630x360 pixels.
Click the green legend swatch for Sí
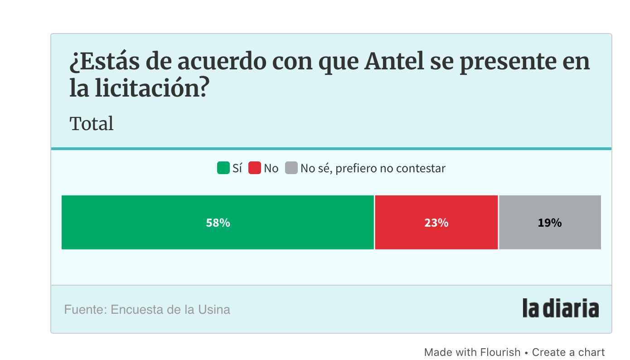click(x=223, y=168)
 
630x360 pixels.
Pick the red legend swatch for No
click(x=255, y=168)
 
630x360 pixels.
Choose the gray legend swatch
click(x=291, y=168)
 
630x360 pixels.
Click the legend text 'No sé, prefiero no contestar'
click(x=373, y=169)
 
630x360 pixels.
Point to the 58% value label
click(x=218, y=223)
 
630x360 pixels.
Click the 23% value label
click(x=436, y=223)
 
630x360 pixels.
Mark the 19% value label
click(x=550, y=223)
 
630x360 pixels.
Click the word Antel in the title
click(x=393, y=62)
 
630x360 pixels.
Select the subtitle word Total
click(x=92, y=124)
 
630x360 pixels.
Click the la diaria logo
click(x=561, y=308)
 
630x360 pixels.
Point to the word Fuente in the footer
click(x=84, y=310)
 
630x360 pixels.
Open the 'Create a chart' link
click(x=568, y=352)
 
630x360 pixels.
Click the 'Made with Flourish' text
click(x=472, y=352)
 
